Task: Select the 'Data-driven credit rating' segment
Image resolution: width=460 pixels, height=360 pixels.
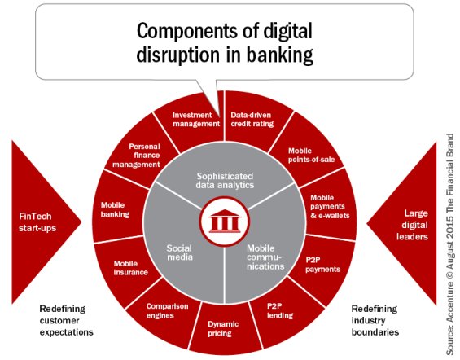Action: click(x=250, y=120)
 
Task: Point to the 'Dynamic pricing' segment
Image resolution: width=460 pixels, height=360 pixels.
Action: click(x=222, y=327)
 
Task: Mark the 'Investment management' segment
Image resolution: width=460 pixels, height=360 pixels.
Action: click(x=195, y=120)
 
